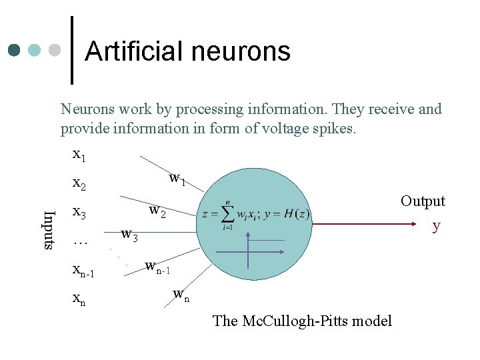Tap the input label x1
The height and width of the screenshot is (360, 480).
click(79, 155)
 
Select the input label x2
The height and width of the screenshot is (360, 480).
click(79, 183)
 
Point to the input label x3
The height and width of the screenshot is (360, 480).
click(79, 213)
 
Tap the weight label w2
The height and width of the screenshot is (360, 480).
click(157, 212)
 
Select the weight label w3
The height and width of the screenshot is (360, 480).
click(129, 235)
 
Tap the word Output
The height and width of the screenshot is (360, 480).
click(423, 201)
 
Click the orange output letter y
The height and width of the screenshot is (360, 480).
click(436, 226)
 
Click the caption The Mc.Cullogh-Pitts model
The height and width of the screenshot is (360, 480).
click(302, 321)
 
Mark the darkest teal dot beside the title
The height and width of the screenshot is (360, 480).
click(15, 51)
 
